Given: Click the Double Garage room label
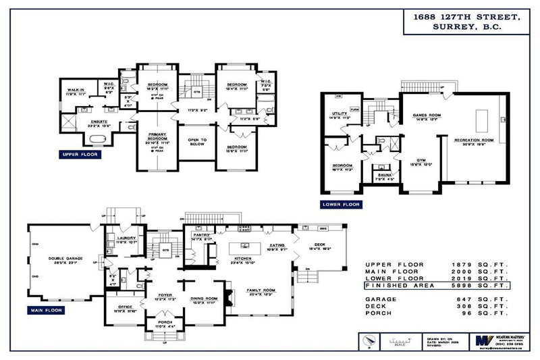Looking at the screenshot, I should coord(64,257).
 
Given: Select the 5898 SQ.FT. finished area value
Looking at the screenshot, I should coord(485,285).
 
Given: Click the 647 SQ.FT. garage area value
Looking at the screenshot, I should coord(485,298).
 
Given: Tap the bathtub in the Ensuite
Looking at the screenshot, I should coord(98,140).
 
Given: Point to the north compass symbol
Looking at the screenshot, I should coord(367,340).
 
